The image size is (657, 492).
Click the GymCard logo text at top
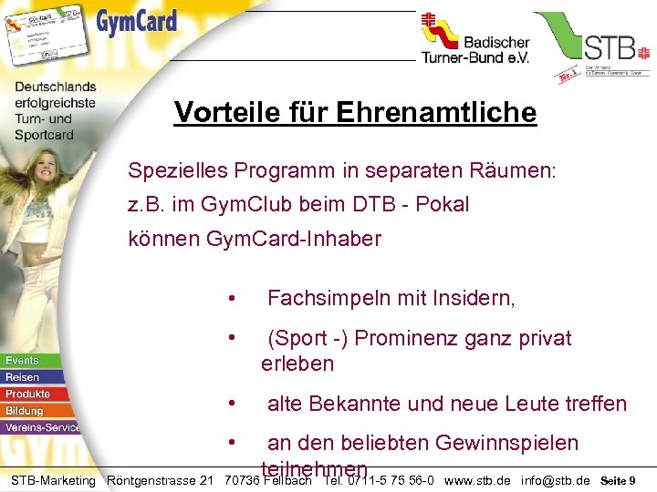coord(137,22)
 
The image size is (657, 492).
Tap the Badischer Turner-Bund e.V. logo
coord(474,42)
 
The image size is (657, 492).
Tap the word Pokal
coord(443,204)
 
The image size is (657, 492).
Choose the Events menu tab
coord(23,361)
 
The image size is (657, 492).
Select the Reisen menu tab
coord(23,377)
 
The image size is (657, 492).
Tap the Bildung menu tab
coord(25,410)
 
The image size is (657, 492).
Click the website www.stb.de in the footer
coord(477,480)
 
